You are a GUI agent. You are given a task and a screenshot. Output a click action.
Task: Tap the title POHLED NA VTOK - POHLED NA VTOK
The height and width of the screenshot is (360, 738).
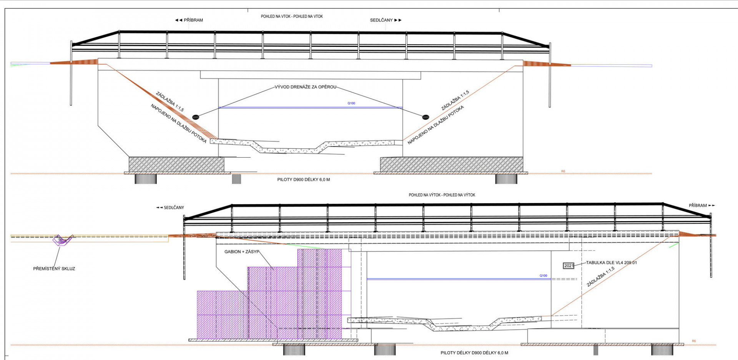[292, 17]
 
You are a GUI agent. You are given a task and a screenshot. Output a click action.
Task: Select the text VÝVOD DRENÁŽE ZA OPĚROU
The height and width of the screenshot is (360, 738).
[305, 87]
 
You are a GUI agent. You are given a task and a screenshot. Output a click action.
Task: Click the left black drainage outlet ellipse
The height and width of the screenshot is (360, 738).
[196, 117]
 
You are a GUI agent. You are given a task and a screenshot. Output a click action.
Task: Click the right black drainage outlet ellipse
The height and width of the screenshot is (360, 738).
[426, 117]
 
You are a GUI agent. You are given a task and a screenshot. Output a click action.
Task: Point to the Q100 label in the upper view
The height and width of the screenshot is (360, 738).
[351, 103]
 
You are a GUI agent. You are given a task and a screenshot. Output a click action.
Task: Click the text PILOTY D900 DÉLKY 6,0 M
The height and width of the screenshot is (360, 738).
[303, 180]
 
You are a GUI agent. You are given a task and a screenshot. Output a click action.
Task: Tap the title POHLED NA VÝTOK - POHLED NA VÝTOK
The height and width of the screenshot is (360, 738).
[442, 195]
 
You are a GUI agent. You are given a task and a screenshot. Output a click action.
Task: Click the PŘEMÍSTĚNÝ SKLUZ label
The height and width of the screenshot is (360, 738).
[54, 269]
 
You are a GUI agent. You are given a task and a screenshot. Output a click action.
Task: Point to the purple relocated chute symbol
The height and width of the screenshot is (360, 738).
[61, 240]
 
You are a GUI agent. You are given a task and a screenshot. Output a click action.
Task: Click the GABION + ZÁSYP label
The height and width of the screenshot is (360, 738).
[242, 252]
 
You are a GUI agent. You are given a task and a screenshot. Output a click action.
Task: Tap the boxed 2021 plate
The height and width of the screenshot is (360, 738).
[568, 266]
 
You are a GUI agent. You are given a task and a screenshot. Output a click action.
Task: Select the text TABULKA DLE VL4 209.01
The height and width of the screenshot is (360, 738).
[611, 263]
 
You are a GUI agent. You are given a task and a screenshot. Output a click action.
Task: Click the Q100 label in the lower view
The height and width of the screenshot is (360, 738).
[543, 276]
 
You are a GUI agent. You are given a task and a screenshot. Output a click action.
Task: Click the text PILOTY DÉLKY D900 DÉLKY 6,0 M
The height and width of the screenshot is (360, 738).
[474, 353]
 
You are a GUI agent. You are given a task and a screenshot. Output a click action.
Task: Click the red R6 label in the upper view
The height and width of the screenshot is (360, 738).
[563, 171]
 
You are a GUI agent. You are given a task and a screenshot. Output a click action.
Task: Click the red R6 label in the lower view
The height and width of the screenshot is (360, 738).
[694, 341]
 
